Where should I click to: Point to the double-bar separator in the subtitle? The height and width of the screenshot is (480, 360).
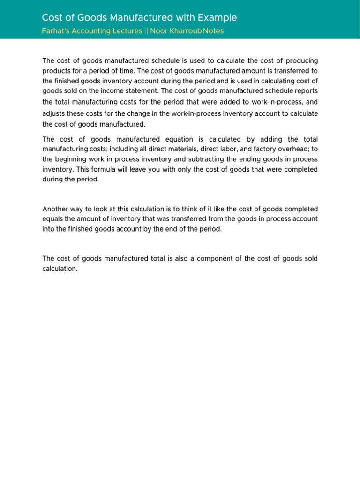[146, 31]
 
